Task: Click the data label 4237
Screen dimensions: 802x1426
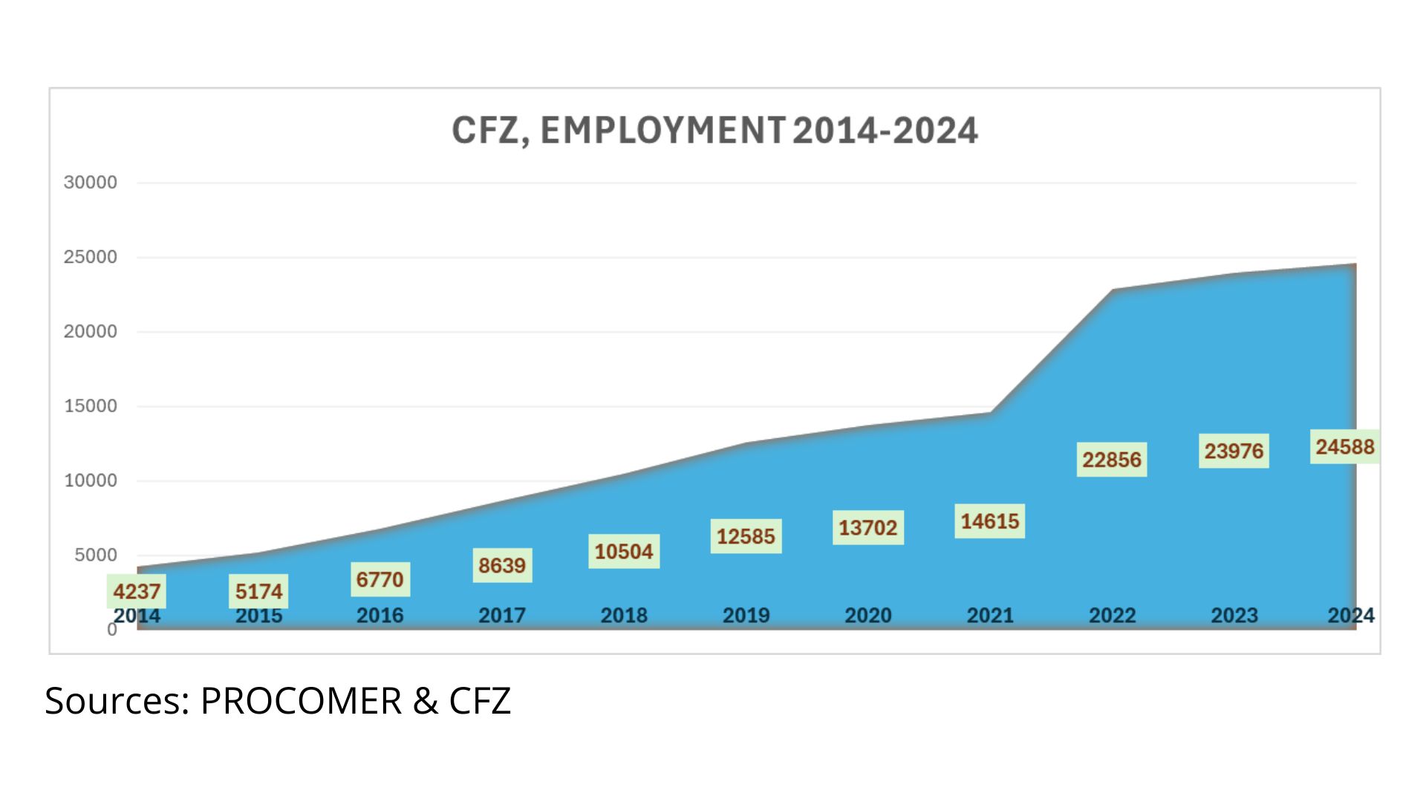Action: (137, 592)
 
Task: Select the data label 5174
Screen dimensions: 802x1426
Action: (258, 592)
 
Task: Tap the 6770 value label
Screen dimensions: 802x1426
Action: (380, 579)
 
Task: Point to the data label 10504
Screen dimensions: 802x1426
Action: (624, 552)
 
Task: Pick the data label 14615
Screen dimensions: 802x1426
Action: (989, 521)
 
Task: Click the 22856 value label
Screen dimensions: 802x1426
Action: (1111, 460)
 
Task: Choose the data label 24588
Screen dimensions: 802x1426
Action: (1344, 447)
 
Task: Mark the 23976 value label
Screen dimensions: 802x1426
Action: (1234, 451)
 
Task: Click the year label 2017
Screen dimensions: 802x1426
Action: (502, 616)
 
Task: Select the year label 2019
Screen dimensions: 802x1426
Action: (746, 616)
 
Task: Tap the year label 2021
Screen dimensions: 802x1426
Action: (990, 616)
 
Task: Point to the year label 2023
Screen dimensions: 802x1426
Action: (1234, 616)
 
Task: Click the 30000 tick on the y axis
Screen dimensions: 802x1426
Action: (91, 183)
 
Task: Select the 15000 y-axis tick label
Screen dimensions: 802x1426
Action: (91, 406)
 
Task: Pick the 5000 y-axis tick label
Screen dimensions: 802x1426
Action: (96, 555)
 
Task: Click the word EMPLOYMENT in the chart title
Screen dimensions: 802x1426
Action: (662, 131)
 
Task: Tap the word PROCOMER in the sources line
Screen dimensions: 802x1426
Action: (301, 700)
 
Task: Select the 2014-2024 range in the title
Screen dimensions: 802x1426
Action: (885, 131)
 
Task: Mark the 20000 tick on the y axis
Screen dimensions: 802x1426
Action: (91, 332)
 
